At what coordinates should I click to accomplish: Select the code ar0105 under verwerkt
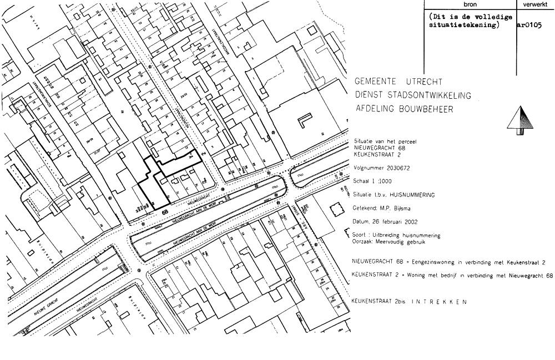click(x=529, y=25)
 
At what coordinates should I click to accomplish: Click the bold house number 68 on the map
click(x=165, y=211)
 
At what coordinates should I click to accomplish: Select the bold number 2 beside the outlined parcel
click(x=203, y=153)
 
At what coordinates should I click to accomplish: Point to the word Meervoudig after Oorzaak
click(x=401, y=242)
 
